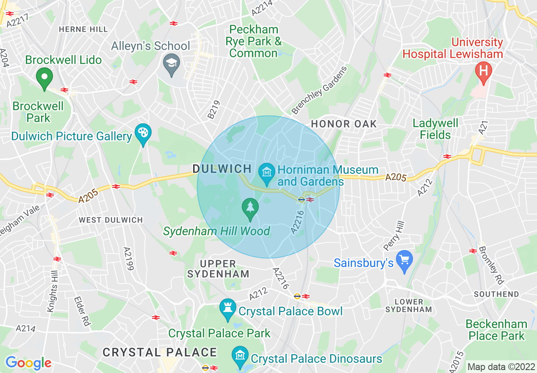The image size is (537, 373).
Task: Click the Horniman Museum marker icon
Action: point(267,173)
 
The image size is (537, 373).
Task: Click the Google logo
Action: point(28,363)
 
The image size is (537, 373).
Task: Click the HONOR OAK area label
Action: point(343,124)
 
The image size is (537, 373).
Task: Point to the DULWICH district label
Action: point(223,169)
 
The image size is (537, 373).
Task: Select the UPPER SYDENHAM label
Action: point(219,269)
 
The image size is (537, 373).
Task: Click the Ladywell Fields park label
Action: point(435,129)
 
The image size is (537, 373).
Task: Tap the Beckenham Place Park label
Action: point(496,330)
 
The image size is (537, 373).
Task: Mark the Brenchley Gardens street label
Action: point(320,90)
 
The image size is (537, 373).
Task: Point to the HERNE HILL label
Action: point(83,29)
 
